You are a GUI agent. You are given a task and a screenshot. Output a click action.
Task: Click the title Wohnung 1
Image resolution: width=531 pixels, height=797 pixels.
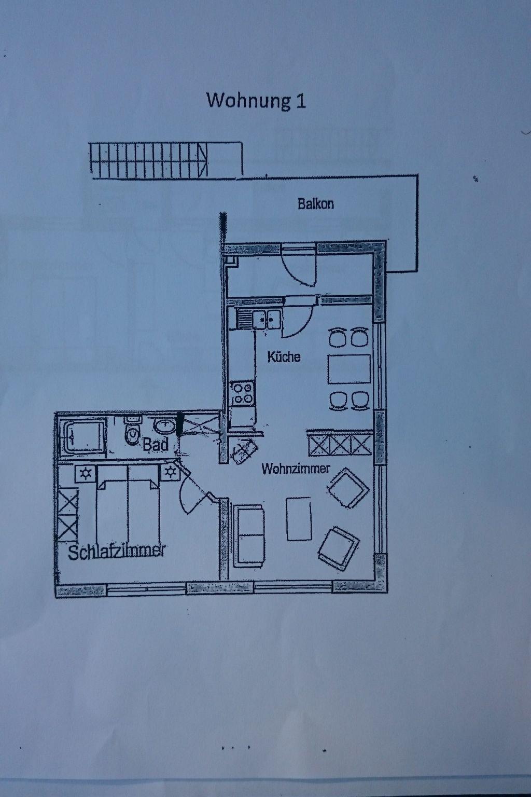(256, 101)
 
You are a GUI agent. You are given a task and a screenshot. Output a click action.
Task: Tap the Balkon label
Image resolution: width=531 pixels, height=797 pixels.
(316, 204)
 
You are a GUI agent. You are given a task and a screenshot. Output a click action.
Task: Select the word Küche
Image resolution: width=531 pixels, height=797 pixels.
(284, 356)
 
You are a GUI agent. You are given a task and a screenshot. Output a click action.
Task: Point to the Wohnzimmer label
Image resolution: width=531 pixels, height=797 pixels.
(296, 469)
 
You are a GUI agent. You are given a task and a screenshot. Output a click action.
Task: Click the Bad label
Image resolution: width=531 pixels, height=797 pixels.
(156, 444)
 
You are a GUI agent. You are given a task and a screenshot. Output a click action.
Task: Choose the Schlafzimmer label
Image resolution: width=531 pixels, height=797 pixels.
(117, 552)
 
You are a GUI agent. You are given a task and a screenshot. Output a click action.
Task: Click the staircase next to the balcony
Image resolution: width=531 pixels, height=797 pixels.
(148, 160)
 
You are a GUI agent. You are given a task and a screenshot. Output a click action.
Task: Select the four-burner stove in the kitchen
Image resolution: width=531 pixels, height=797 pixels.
(243, 393)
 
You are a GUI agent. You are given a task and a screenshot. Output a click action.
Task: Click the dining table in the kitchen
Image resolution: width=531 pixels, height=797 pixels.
(349, 369)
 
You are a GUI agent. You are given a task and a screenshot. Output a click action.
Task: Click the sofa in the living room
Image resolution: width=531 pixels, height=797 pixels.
(249, 536)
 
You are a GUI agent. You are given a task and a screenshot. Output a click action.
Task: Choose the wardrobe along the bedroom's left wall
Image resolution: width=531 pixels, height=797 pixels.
(67, 515)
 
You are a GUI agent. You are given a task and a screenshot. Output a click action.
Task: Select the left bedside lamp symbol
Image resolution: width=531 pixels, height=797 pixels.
(86, 474)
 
